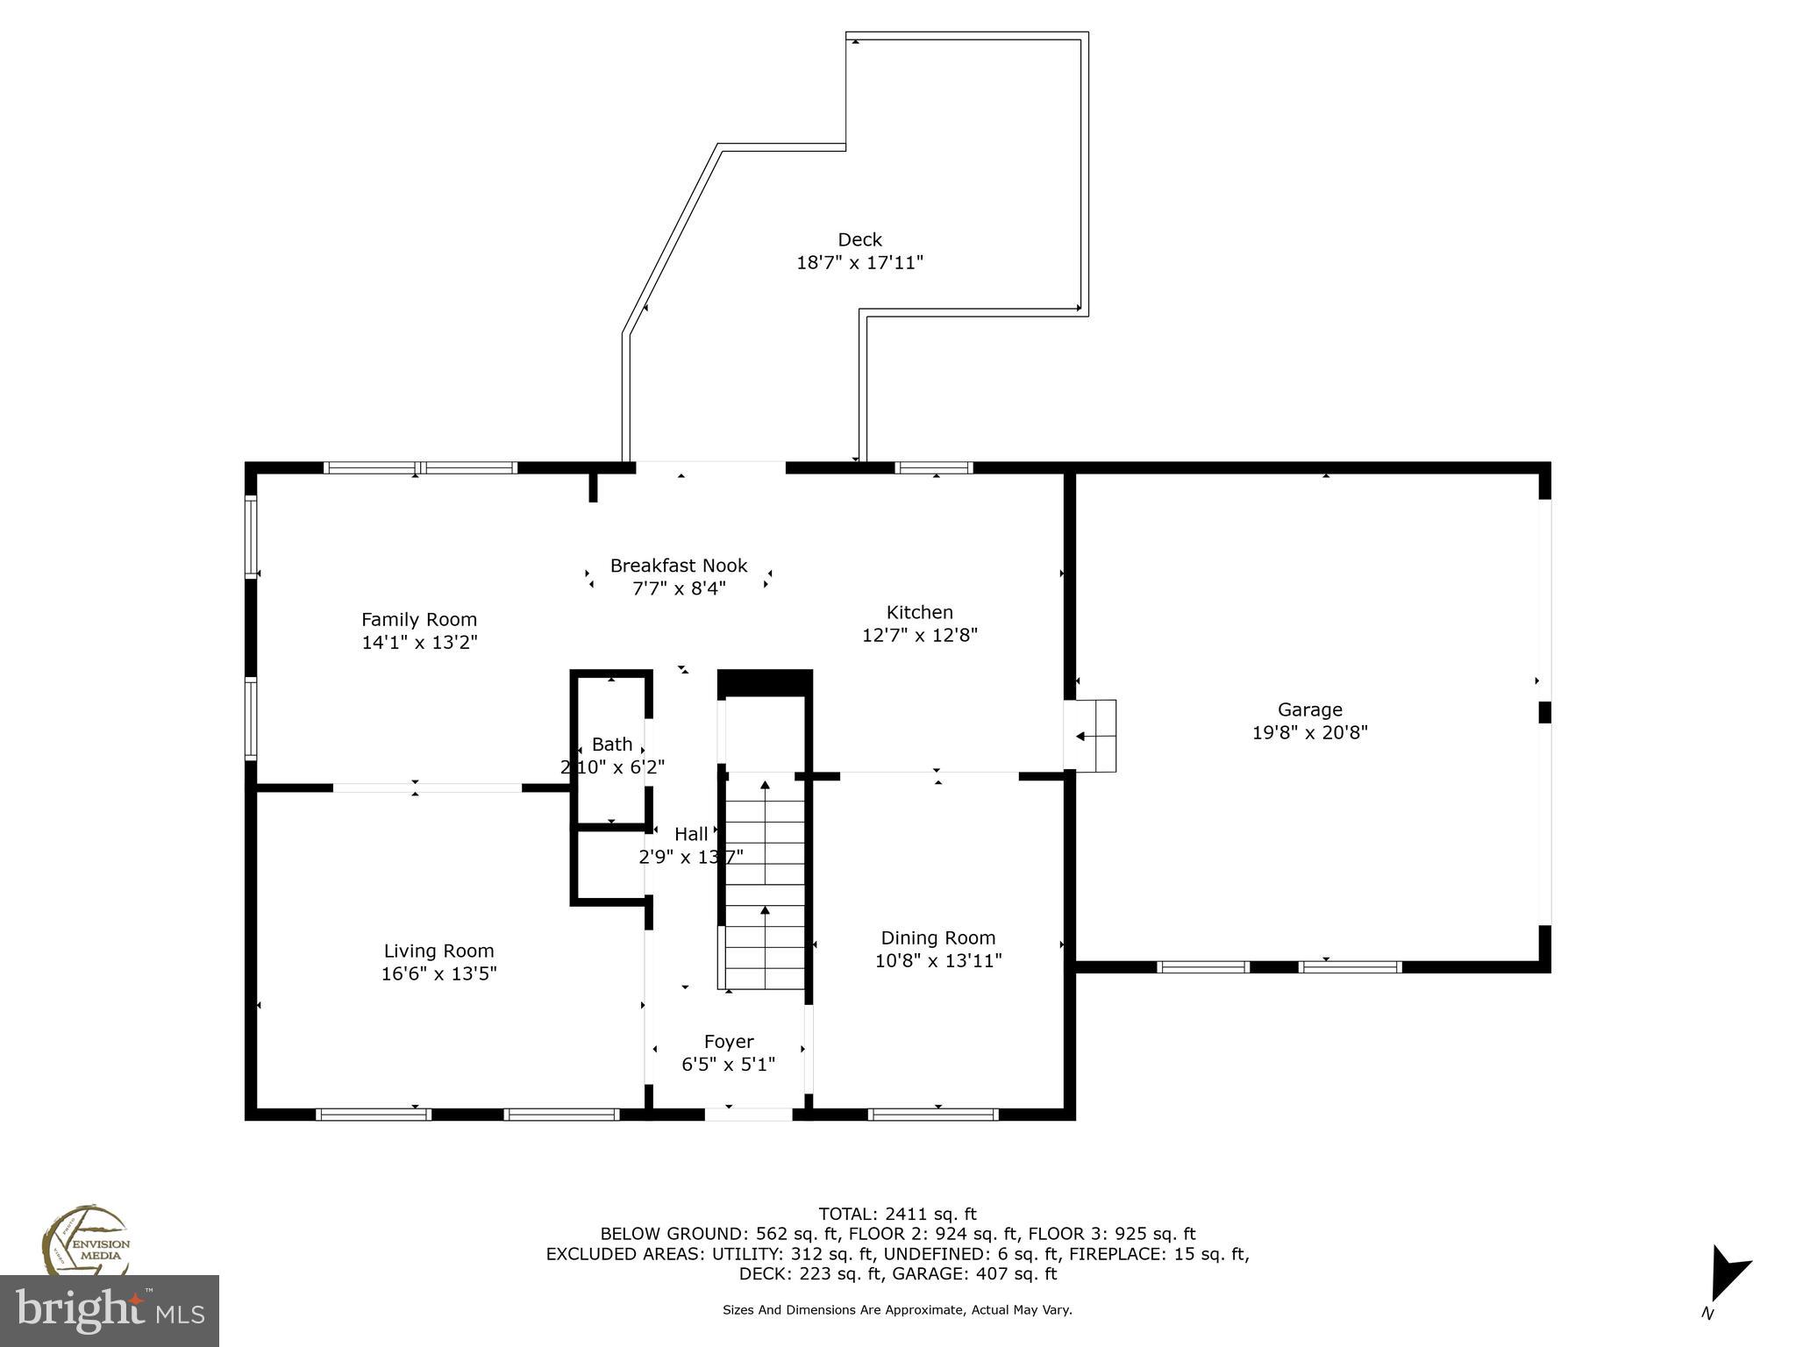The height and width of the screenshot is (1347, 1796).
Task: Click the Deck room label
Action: [859, 239]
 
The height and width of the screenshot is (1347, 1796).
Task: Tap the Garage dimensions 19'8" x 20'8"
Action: [1309, 732]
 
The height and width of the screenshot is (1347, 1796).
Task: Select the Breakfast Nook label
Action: [679, 566]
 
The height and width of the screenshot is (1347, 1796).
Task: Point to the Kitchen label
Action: [919, 612]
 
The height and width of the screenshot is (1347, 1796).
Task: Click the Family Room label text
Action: [419, 619]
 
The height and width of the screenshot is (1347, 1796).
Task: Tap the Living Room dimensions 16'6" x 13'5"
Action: [438, 973]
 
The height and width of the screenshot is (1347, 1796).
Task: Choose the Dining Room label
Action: [937, 937]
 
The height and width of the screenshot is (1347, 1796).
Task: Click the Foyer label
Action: [729, 1041]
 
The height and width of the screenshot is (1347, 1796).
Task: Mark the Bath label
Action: [611, 745]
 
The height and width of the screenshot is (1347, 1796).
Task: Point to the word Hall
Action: [691, 834]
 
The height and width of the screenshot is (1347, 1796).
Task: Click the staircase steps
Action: [765, 886]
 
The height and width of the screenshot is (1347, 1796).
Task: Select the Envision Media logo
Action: [85, 1242]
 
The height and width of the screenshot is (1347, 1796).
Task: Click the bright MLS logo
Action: [109, 1310]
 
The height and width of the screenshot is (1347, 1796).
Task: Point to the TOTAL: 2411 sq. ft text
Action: [897, 1214]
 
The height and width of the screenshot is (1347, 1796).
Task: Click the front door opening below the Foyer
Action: [749, 1114]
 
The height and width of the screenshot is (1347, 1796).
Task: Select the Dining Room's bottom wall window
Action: [933, 1115]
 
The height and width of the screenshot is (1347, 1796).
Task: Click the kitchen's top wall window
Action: [933, 467]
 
